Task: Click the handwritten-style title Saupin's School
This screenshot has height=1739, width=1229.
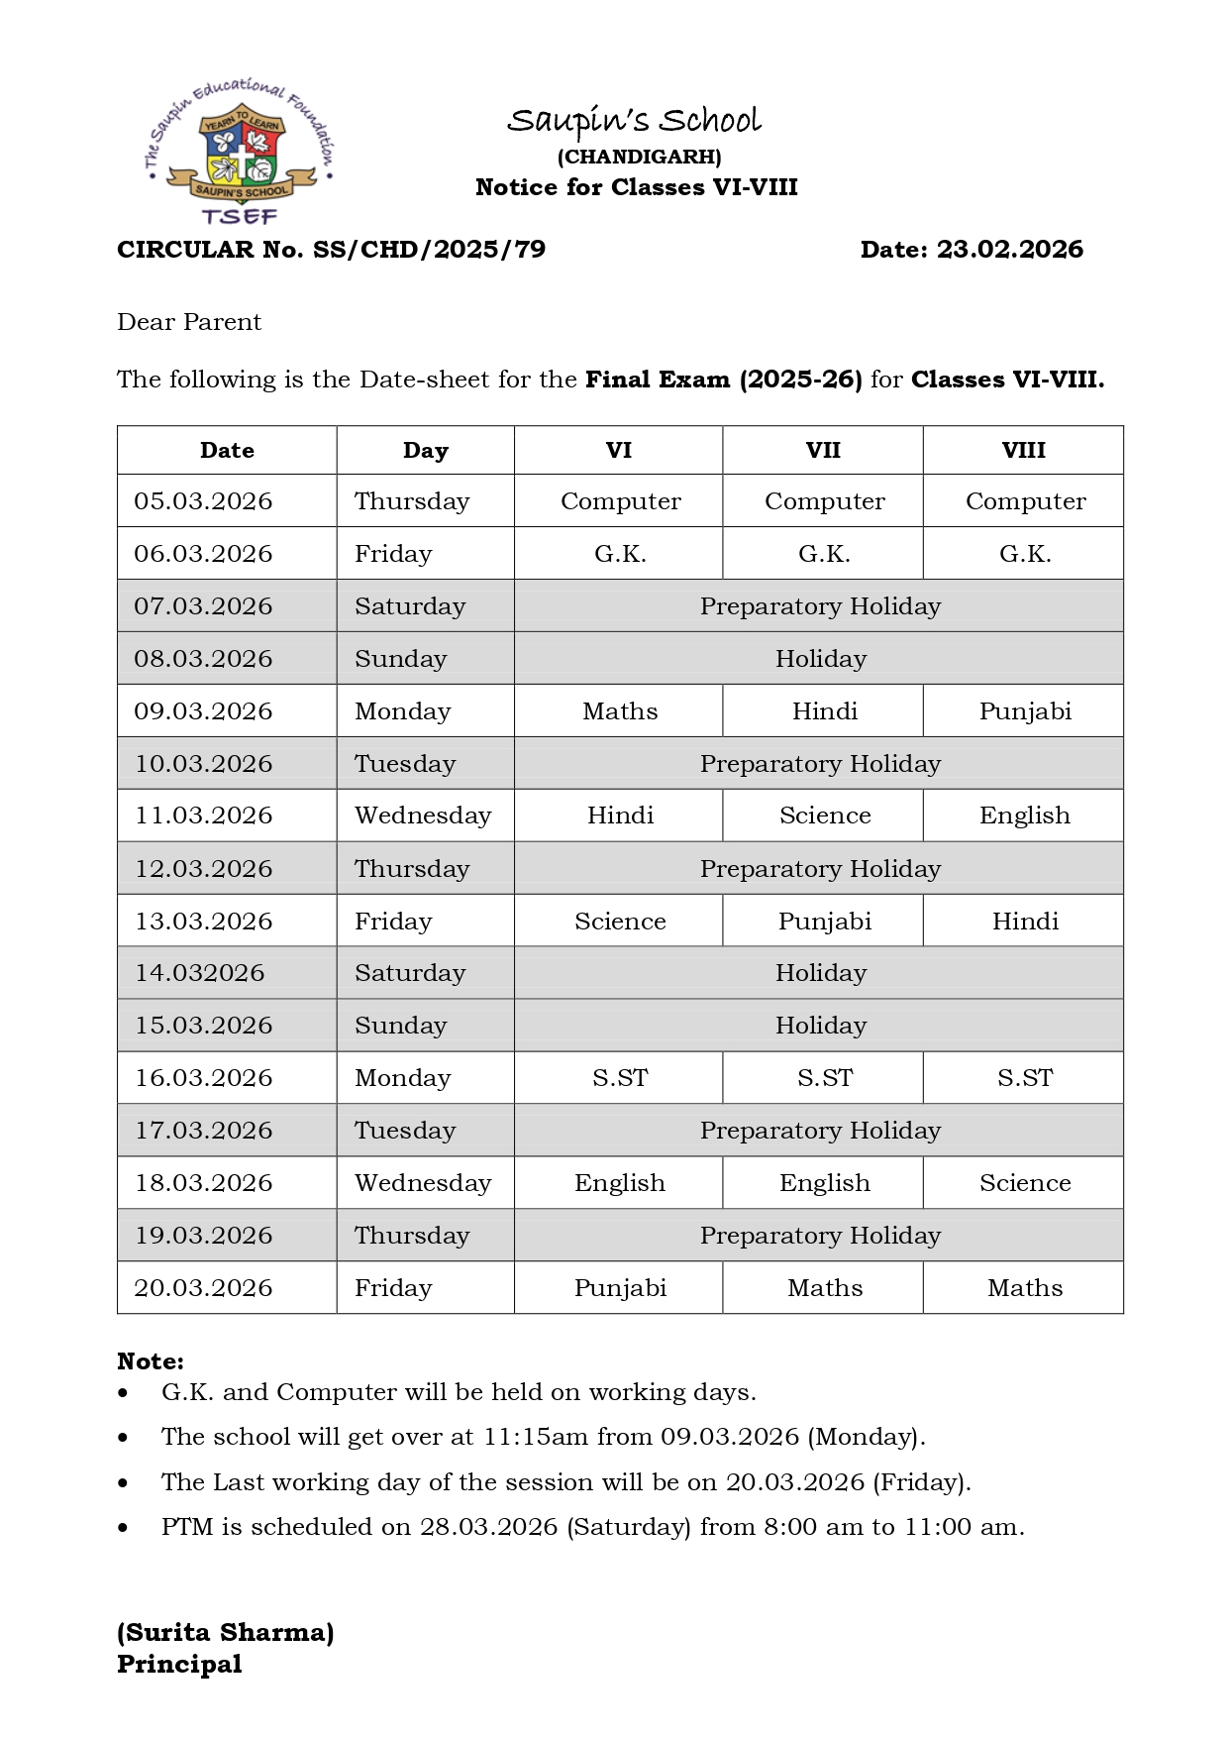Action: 634,121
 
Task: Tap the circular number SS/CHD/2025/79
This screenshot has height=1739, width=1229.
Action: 429,250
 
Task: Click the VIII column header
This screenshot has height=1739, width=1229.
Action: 1023,451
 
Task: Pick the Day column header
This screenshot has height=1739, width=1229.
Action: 425,451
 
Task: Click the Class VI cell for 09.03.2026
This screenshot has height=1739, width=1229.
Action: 620,711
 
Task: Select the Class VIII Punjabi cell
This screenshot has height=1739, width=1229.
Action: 1025,711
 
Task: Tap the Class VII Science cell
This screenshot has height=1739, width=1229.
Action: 824,815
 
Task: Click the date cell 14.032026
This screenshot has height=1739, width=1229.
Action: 200,973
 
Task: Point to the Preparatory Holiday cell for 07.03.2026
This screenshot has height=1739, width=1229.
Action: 820,606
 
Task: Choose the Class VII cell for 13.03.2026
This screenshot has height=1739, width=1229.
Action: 824,922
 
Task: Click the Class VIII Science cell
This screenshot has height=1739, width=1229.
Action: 1025,1183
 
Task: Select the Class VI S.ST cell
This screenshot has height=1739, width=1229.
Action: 620,1078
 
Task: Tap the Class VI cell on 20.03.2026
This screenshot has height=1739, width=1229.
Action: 620,1288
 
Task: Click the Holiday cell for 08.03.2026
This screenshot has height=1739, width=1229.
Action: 820,659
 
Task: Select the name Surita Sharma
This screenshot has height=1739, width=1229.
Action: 226,1633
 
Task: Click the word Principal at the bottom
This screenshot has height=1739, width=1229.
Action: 179,1665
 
